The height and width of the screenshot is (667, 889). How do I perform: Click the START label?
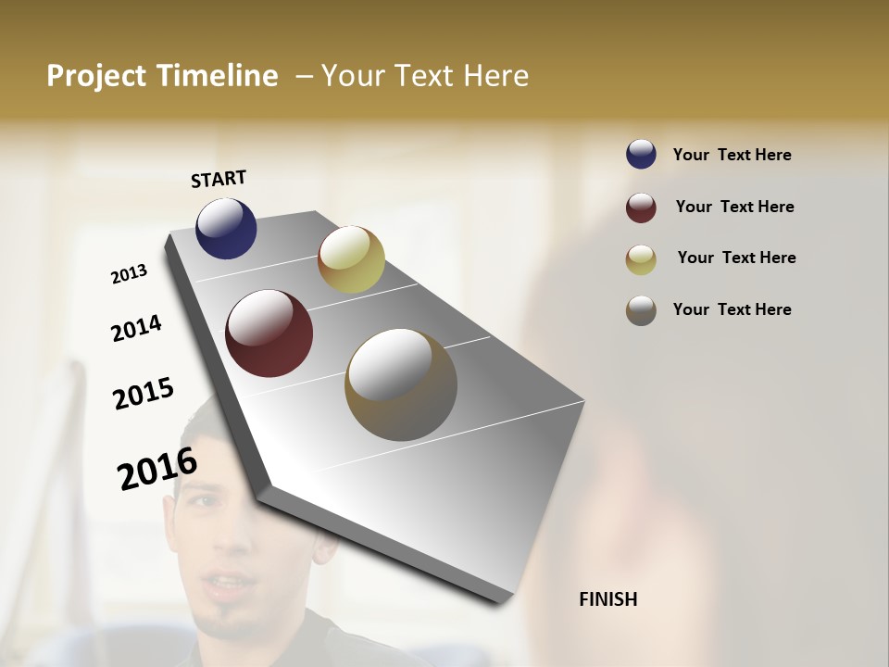point(219,179)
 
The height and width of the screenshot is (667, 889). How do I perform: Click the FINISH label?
point(607,599)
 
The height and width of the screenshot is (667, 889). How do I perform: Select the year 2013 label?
point(129,274)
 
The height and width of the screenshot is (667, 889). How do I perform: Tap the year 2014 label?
point(136,328)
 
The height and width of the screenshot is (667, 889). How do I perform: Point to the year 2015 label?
point(144,394)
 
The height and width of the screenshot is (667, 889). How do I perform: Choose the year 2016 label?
point(157,468)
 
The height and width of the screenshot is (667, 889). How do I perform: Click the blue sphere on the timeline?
point(226,228)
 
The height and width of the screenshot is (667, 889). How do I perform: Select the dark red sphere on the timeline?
point(269,333)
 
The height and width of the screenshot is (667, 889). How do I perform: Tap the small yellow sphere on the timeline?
point(351,258)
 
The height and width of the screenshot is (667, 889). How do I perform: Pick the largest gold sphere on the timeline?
point(400,384)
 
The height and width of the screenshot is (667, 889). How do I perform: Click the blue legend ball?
point(641,154)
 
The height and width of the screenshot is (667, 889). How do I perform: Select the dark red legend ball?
point(641,208)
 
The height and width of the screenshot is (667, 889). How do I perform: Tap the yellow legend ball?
point(641,259)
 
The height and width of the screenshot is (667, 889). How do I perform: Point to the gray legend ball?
point(641,310)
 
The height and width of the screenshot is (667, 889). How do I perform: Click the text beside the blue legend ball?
point(732,155)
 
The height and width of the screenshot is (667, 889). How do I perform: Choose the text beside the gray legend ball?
point(732,309)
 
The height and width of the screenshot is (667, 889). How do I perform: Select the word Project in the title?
point(95,76)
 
